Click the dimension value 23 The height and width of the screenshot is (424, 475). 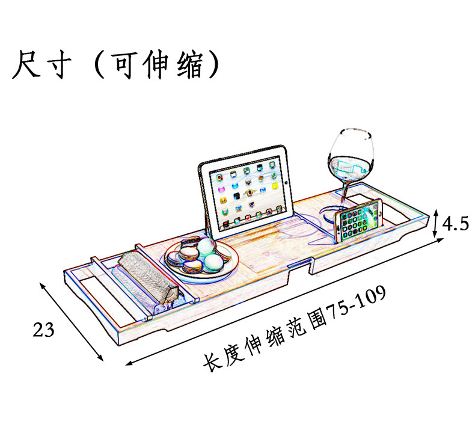coord(44,330)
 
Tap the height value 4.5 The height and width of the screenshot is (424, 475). coord(455,224)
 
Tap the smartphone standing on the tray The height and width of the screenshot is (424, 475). coord(359,220)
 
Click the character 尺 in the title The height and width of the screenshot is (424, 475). coord(28,64)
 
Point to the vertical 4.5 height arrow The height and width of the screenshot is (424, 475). coord(436,224)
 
